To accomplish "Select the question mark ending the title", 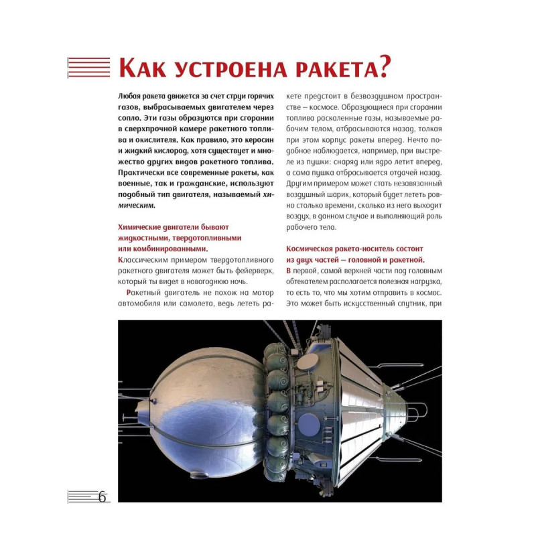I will pos(383,67).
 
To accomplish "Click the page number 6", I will pos(102,497).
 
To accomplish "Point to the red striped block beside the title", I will pos(88,67).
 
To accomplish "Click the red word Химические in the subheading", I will pos(143,227).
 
